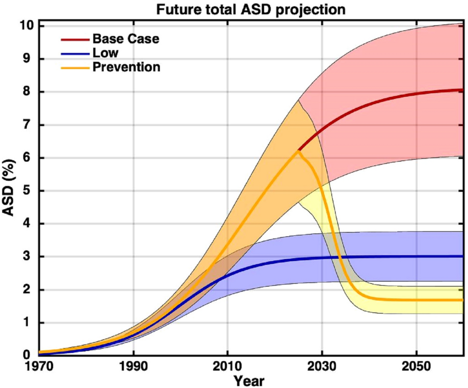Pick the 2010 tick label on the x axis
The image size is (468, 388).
227,366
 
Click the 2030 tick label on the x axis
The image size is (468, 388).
321,366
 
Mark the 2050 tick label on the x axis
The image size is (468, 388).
415,366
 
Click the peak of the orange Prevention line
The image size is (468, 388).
299,150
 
